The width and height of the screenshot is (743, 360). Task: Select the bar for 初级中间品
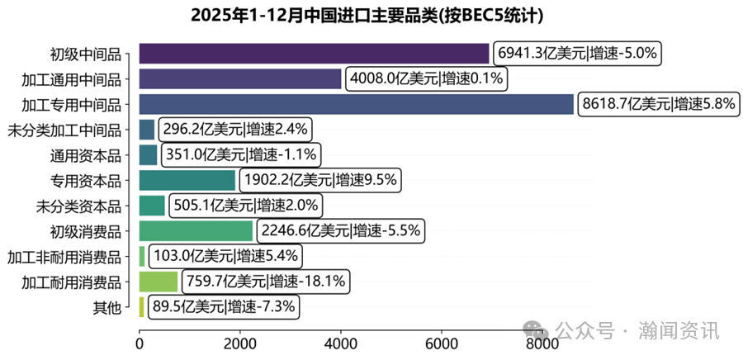pos(314,54)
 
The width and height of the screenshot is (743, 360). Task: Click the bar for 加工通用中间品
pos(239,79)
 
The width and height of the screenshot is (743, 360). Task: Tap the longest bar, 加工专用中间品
pos(356,104)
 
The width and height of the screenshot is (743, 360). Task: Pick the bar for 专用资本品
pos(187,180)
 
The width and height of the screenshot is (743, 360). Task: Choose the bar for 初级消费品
pos(196,230)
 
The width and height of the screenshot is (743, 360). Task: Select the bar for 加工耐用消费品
pos(159,282)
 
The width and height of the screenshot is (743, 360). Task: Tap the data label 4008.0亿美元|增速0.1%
pos(427,79)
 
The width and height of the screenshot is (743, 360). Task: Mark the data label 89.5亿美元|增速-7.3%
pos(222,307)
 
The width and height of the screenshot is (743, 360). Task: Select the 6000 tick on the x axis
pos(442,343)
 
